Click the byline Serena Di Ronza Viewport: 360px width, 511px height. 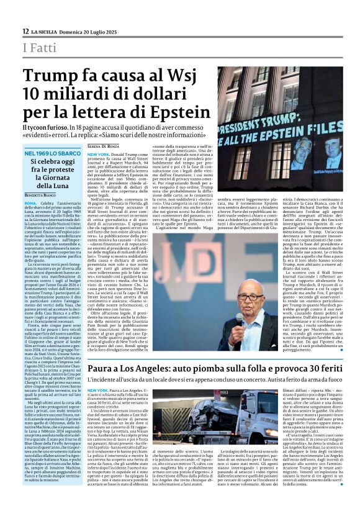(102, 145)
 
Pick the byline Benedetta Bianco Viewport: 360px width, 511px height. (42, 194)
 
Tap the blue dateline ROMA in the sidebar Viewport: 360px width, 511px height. (30, 202)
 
